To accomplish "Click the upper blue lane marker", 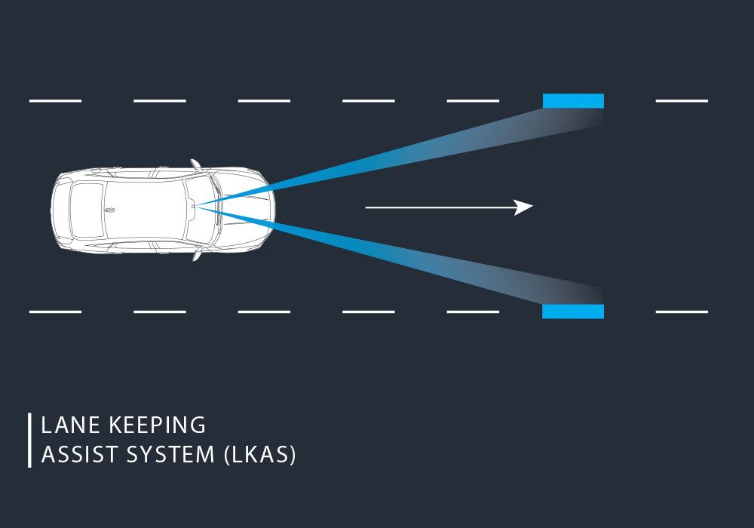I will coord(573,100).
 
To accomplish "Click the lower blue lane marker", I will coord(573,312).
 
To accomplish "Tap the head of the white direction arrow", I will coord(525,207).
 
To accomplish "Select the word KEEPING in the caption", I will coord(158,425).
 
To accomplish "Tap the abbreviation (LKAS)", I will coord(260,456).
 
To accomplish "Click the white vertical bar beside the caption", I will coord(29,440).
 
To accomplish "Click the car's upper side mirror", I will coord(196,164).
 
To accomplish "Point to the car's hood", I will coord(245,209).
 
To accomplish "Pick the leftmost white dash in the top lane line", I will coord(55,100).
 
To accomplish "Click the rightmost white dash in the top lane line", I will coord(682,100).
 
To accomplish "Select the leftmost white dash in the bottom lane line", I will coord(55,312).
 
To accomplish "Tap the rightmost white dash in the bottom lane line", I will coord(682,312).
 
